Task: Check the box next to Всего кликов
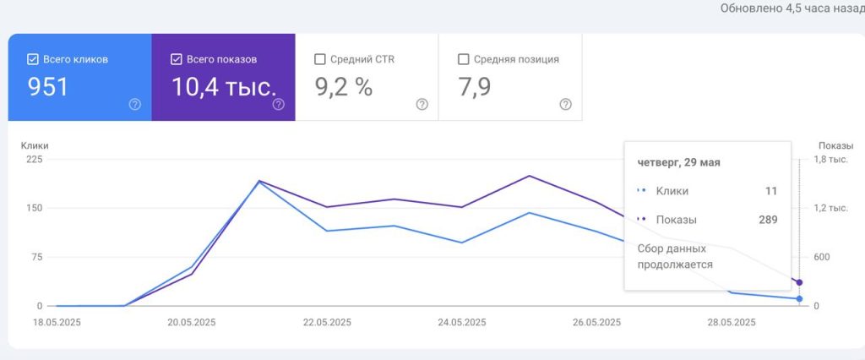[33, 60]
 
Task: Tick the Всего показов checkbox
[176, 60]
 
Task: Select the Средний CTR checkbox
[319, 60]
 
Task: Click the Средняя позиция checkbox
[464, 60]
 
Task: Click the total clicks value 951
[48, 87]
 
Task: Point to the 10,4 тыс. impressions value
[224, 87]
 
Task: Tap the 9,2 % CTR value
[344, 87]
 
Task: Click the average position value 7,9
[475, 87]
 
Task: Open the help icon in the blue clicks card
[134, 104]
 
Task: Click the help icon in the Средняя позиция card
[565, 104]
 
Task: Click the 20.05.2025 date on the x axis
[192, 323]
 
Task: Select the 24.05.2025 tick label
[462, 323]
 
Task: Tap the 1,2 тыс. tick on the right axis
[832, 208]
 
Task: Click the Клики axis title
[35, 145]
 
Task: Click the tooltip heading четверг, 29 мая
[678, 162]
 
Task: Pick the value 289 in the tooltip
[768, 220]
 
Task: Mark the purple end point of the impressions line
[799, 283]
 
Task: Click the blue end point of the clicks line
[799, 298]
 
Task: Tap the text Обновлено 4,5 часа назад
[792, 8]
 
